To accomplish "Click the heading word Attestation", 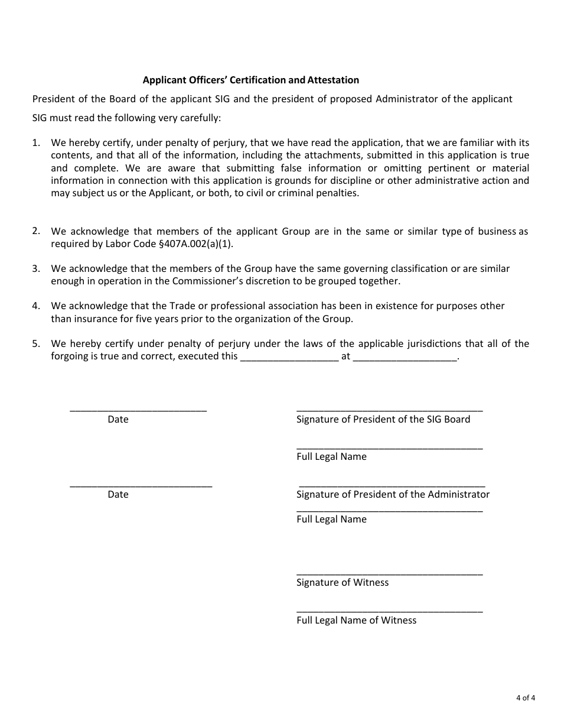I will pyautogui.click(x=333, y=80).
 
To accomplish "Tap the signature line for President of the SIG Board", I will pyautogui.click(x=389, y=410).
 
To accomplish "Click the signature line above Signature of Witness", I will pyautogui.click(x=389, y=573).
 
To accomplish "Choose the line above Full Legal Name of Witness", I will pyautogui.click(x=389, y=611).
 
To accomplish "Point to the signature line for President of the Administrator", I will pyautogui.click(x=392, y=485).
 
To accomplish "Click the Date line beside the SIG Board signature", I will pyautogui.click(x=138, y=410).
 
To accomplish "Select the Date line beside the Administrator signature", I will pyautogui.click(x=141, y=485).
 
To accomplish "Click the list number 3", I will pyautogui.click(x=36, y=268).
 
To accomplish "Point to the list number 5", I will pyautogui.click(x=36, y=343).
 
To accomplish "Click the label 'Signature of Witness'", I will pyautogui.click(x=343, y=583).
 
